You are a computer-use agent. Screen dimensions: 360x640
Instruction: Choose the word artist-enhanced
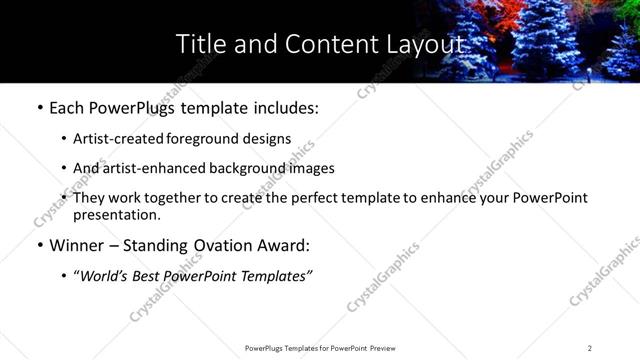(153, 168)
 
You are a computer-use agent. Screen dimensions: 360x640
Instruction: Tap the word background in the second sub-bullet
(251, 168)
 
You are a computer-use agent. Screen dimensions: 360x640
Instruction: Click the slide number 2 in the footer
(590, 347)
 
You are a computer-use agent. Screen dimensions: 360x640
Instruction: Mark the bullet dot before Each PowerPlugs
(39, 107)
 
